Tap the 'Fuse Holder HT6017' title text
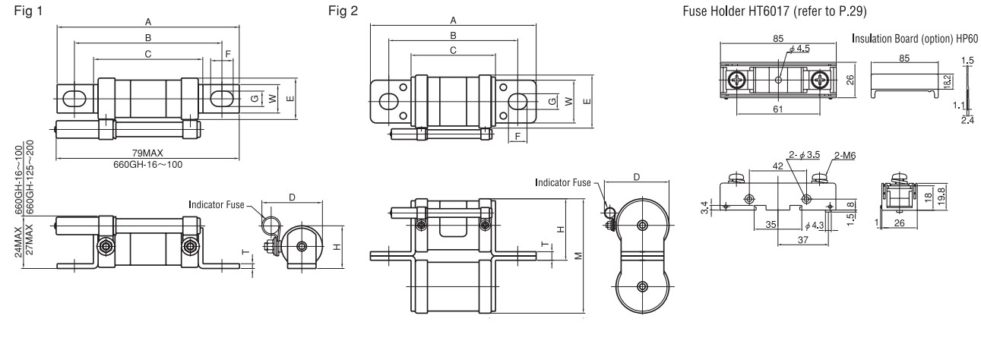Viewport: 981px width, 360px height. [758, 11]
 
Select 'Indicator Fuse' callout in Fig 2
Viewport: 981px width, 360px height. [565, 183]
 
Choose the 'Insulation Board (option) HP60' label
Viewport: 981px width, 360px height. [913, 39]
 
